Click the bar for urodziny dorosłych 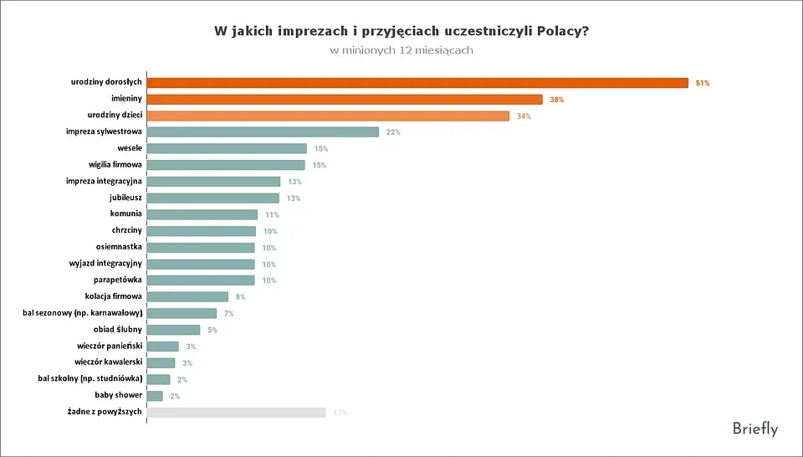(417, 83)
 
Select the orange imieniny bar (345, 100)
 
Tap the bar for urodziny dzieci (328, 116)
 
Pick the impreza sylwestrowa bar (263, 132)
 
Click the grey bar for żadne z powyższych (236, 412)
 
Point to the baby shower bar (155, 396)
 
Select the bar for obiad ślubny (174, 330)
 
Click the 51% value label (703, 83)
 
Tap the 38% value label (557, 100)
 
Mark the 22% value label (393, 132)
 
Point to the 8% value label (240, 297)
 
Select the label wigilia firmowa (115, 165)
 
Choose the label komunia (125, 213)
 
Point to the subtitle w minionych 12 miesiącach (401, 50)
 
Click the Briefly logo (754, 429)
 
